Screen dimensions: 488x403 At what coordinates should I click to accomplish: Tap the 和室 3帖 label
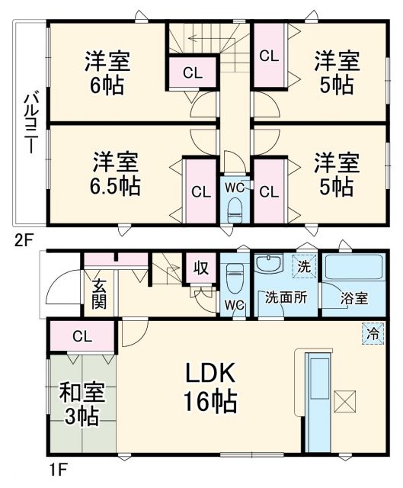(80, 405)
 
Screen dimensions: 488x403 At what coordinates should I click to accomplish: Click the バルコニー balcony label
(30, 122)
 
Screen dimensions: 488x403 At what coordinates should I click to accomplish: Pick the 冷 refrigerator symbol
(373, 333)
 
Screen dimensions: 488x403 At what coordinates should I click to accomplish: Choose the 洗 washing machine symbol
(304, 266)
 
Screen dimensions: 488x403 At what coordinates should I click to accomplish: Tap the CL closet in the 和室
(82, 335)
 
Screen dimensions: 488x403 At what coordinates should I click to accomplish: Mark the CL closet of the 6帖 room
(192, 73)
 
